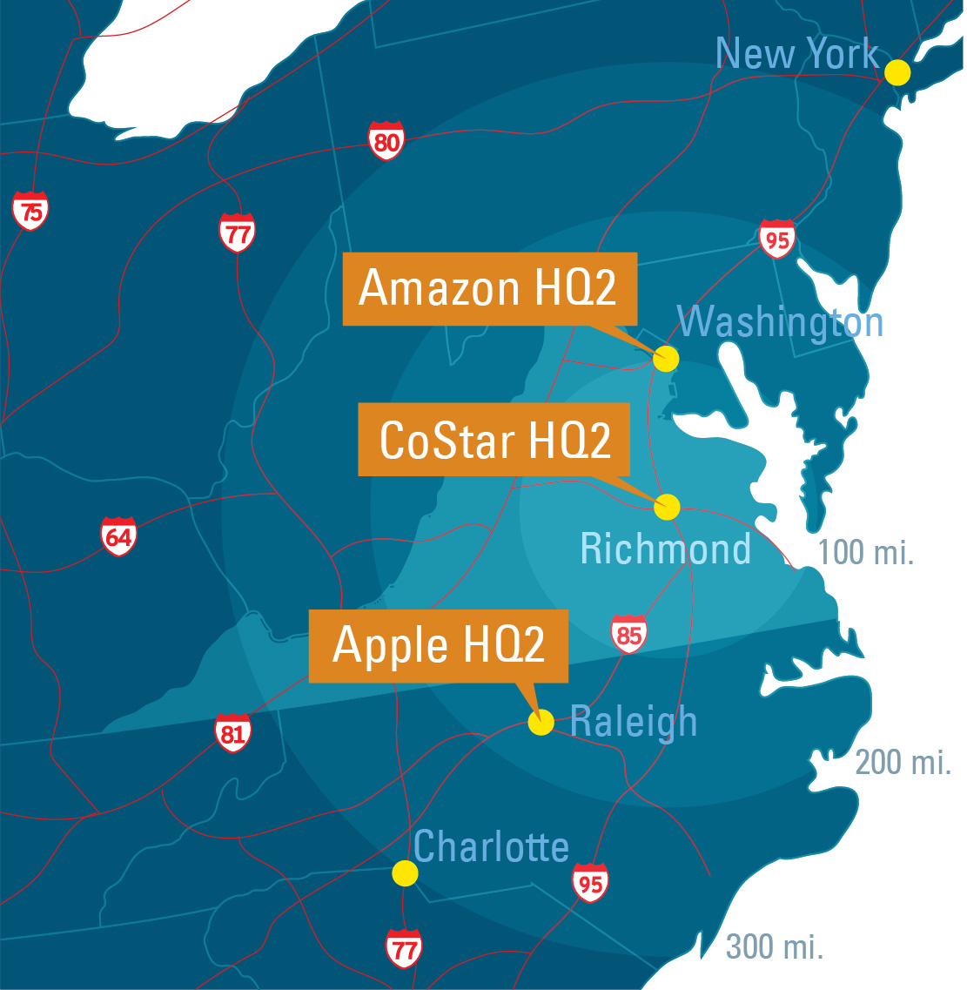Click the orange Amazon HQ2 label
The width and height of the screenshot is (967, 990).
[489, 288]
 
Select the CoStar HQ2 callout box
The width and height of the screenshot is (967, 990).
[494, 439]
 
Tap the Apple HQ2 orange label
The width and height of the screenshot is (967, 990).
[439, 645]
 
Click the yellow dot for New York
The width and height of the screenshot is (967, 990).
[897, 72]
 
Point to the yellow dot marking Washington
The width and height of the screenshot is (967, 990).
[666, 359]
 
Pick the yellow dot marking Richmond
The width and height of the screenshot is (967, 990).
[667, 507]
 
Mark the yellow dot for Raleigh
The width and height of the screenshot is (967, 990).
[541, 723]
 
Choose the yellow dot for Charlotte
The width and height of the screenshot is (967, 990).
[405, 873]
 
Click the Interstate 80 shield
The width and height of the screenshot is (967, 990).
[386, 140]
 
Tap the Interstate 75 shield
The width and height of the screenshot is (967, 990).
[30, 211]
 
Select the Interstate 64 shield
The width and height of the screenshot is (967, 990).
[118, 536]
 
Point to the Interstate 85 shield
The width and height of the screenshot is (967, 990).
[628, 634]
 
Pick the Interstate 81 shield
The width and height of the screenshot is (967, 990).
[232, 733]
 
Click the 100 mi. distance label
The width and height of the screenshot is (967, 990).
[865, 552]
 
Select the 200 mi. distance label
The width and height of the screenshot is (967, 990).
[903, 762]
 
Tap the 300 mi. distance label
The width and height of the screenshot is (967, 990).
[774, 946]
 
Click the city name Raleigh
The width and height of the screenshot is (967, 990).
[634, 722]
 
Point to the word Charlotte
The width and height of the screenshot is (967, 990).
[491, 846]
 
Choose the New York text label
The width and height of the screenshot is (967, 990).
[796, 54]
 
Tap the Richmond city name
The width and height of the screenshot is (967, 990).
[666, 549]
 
